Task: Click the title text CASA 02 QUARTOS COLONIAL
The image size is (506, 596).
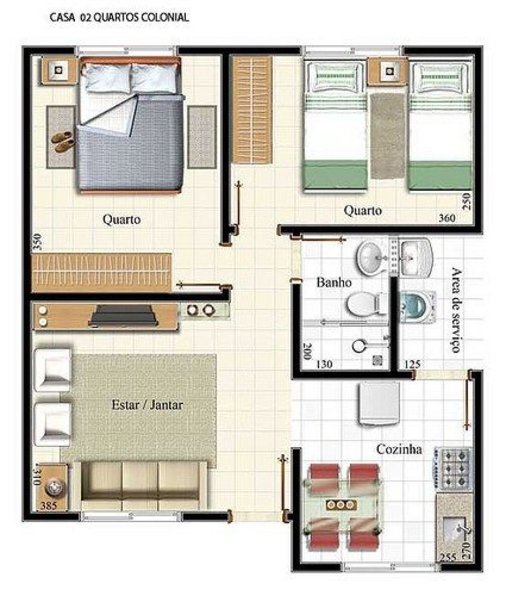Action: click(119, 18)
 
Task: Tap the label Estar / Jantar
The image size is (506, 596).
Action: click(147, 405)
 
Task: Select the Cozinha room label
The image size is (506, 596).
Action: click(399, 449)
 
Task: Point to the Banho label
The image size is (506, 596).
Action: click(334, 283)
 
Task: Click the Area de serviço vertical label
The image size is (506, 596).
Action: click(456, 310)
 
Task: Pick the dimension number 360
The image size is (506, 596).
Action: click(447, 218)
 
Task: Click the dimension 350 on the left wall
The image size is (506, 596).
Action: click(37, 242)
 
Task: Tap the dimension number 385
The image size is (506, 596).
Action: click(48, 505)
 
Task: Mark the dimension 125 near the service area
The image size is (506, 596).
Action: click(412, 364)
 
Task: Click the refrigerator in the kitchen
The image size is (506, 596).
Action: click(379, 403)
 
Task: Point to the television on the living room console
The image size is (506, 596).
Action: click(122, 316)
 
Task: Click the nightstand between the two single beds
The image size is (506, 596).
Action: click(388, 71)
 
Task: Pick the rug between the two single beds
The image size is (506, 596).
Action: click(387, 136)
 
